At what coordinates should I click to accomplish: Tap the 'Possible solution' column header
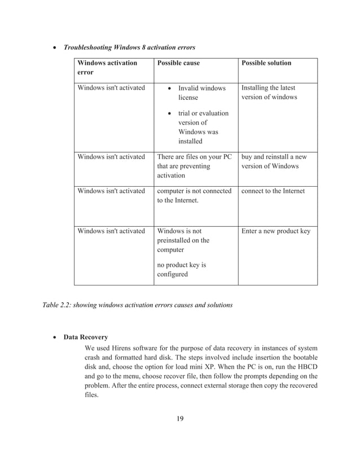[266, 63]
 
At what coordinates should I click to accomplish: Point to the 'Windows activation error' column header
[107, 68]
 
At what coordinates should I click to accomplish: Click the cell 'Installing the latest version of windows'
[268, 93]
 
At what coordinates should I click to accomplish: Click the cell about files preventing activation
[194, 166]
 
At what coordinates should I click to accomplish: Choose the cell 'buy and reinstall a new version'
[274, 161]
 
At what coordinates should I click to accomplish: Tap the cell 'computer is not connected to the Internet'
[194, 195]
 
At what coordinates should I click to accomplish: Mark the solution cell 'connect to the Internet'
[273, 191]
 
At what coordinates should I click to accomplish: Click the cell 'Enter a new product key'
[275, 231]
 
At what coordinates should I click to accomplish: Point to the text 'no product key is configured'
[181, 269]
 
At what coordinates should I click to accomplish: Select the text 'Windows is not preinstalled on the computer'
[183, 240]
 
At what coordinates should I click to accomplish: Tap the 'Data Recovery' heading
[86, 337]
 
